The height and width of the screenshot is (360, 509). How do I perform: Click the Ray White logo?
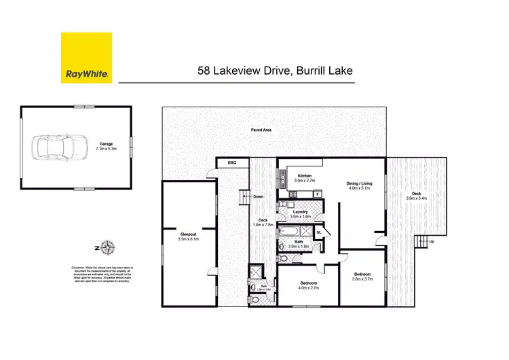click(x=86, y=58)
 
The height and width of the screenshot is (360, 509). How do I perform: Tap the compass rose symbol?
click(x=109, y=247)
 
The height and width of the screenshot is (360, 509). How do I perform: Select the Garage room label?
click(x=105, y=144)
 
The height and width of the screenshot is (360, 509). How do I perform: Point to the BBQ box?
click(x=231, y=162)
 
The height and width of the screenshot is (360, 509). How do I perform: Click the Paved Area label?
click(x=262, y=129)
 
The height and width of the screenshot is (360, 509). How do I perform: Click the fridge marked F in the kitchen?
click(x=318, y=194)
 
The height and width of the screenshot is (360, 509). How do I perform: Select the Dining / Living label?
click(x=359, y=183)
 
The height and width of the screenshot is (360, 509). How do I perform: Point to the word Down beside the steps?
click(x=258, y=197)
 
